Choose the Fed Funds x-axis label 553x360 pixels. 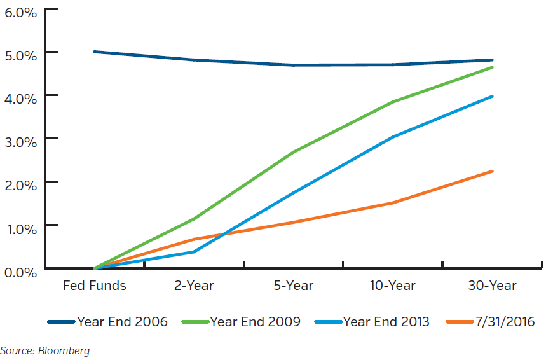click(94, 286)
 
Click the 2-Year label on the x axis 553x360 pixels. click(194, 286)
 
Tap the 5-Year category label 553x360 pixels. click(293, 286)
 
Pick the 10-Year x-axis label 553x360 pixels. click(392, 286)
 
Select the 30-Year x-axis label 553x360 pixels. click(492, 286)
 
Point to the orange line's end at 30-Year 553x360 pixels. click(492, 171)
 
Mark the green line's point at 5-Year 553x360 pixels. click(293, 153)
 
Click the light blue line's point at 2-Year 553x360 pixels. click(194, 252)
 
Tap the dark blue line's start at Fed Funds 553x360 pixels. click(94, 52)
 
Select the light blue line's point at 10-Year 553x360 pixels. click(392, 137)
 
